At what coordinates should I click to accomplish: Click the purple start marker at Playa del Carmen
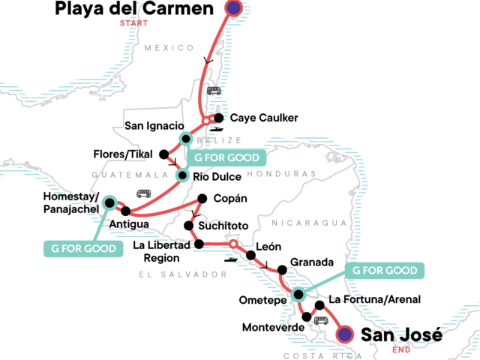pos(233,8)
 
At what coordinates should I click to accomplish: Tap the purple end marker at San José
pos(344,334)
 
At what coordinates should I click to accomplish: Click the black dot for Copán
pos(201,199)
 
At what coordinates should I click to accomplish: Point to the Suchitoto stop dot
pos(190,225)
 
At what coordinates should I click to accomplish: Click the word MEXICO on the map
pos(164,48)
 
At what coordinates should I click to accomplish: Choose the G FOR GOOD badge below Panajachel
pos(84,248)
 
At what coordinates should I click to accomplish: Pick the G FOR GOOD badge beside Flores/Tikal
pos(226,158)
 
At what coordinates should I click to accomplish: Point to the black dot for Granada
pos(282,270)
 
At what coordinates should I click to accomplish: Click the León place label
pos(268,246)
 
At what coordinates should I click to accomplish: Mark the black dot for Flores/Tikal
pos(163,154)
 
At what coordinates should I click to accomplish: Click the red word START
pos(133,23)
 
